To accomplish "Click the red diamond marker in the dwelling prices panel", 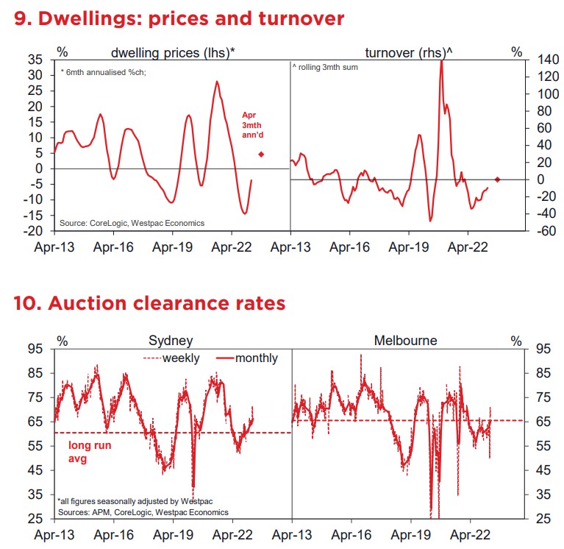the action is click(x=261, y=155).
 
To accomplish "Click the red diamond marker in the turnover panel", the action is click(x=498, y=180).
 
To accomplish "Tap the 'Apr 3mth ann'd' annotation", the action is click(x=252, y=125).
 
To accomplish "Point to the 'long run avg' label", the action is click(x=90, y=452).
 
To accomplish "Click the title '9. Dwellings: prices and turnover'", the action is click(x=179, y=18).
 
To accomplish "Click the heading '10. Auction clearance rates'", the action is click(x=149, y=302).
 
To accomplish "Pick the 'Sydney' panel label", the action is click(x=171, y=341).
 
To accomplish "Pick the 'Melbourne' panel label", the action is click(x=405, y=341).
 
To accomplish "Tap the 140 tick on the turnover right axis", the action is click(x=548, y=60).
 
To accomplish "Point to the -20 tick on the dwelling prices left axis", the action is click(x=33, y=231).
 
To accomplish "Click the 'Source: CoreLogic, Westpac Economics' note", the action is click(x=132, y=223).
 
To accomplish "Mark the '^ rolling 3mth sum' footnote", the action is click(x=325, y=67).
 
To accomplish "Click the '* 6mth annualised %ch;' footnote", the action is click(x=103, y=72).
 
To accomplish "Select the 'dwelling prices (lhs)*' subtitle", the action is click(x=173, y=53).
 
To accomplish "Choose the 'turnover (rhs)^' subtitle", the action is click(x=409, y=53).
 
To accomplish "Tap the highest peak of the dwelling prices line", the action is click(x=217, y=82).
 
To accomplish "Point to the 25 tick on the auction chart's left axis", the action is click(x=35, y=519).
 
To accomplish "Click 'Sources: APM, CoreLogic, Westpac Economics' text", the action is click(x=143, y=512).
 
